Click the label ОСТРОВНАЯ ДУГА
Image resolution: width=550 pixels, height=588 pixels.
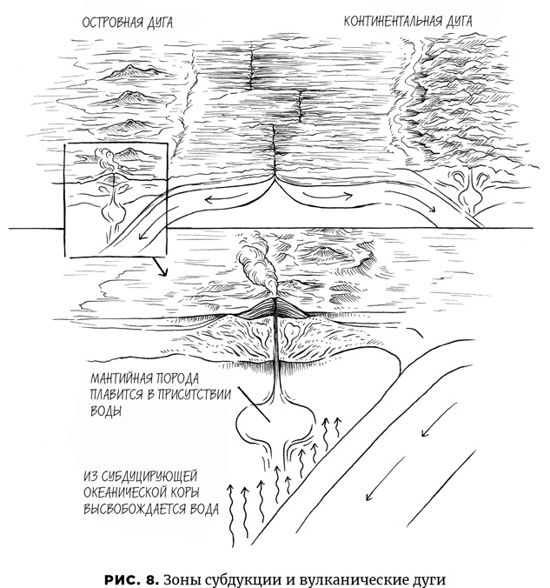point(128,23)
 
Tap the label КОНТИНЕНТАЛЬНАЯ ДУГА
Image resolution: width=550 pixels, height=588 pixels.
point(408,21)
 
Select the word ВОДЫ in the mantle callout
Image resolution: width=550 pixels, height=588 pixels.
point(106,411)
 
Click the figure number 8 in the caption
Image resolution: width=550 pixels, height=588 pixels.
point(149,579)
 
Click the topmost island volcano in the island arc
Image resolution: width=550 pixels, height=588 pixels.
point(131,72)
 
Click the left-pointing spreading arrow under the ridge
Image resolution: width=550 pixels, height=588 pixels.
point(227,198)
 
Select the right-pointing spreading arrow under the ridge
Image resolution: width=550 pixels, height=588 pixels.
point(328,195)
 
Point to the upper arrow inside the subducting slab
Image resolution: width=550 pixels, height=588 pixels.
point(439,419)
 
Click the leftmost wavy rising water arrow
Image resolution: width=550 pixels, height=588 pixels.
point(232,516)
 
